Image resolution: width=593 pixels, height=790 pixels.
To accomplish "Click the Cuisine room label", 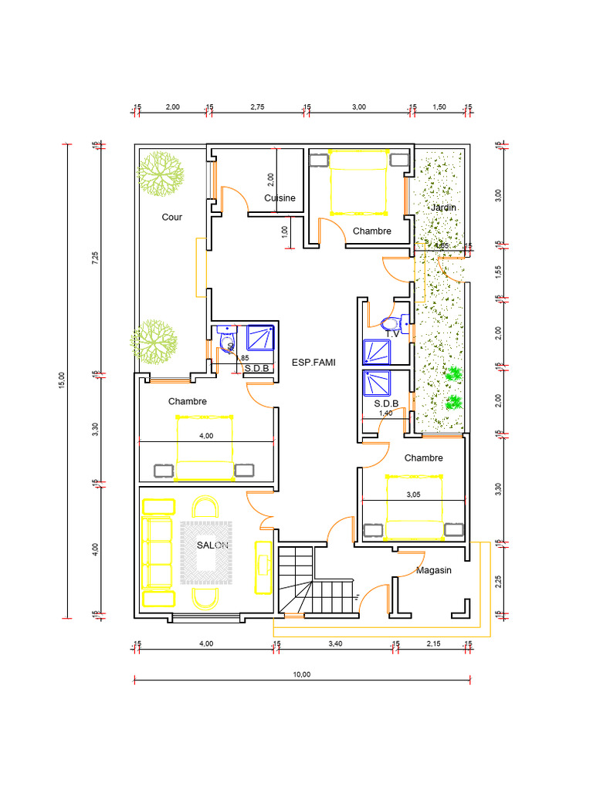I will coord(280,198).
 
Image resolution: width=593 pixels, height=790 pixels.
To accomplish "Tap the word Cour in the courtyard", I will coord(172,218).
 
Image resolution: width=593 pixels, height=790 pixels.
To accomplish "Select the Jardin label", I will coord(443,208).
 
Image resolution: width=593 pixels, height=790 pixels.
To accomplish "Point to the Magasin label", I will coord(433,571).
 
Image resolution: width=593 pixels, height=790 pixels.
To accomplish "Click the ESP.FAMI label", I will coord(313,362).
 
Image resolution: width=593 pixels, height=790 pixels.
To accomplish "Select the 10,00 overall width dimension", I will coord(301,674).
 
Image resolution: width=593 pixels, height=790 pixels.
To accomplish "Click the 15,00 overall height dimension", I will coord(63,380).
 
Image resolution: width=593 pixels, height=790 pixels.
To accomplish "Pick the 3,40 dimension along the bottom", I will coord(335,643).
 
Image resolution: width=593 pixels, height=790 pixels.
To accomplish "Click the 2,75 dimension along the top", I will coord(257,107).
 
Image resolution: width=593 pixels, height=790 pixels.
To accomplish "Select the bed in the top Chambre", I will coord(359,182).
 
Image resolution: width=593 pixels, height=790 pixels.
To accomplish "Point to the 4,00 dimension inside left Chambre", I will coord(206,436).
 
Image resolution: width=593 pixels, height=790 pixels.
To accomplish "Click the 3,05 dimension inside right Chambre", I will coord(413,495).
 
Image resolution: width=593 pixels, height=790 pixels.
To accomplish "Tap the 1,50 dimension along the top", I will coord(439,107).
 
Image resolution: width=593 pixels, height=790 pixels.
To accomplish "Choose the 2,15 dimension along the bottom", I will coord(433,643).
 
